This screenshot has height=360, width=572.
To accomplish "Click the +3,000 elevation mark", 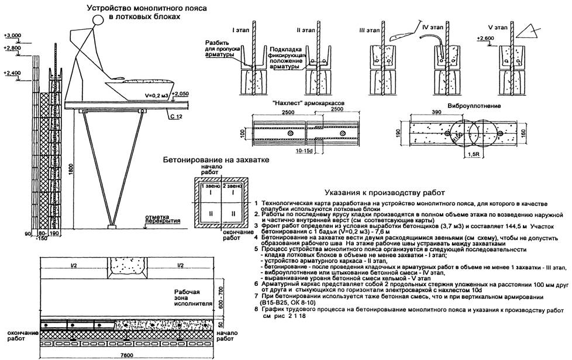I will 12,36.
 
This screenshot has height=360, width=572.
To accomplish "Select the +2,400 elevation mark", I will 12,73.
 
